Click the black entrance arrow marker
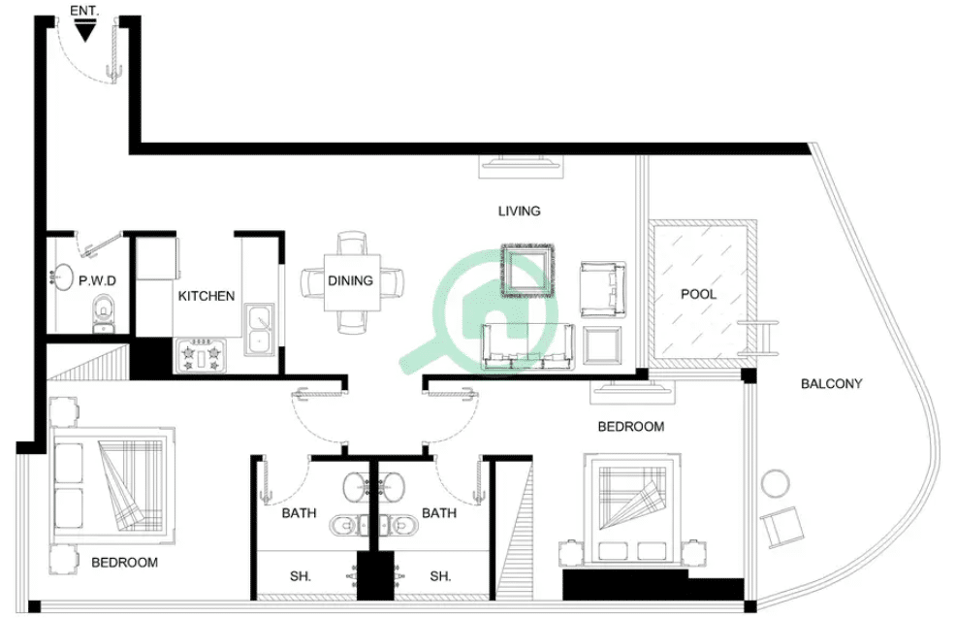84,30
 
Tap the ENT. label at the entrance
84,11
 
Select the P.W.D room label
98,280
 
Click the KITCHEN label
207,296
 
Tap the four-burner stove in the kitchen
202,356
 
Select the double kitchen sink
259,330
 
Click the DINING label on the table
350,280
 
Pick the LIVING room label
520,211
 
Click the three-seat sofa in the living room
528,346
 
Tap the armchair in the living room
603,289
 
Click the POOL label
699,294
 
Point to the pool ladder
758,338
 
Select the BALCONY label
832,384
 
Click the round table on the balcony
775,484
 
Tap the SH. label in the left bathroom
300,576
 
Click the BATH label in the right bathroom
439,513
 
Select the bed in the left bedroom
113,486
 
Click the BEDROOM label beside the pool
631,427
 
